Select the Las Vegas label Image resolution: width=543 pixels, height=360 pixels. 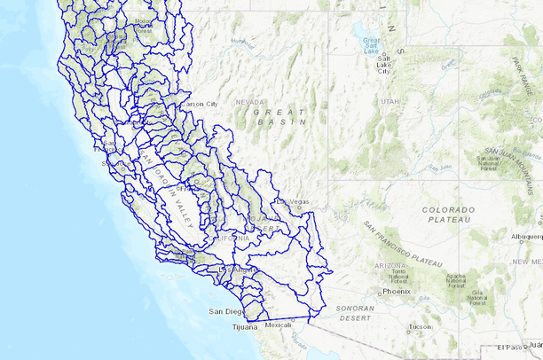point(294,201)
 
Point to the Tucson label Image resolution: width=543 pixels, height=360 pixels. point(420,326)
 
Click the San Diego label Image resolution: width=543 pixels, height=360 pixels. point(225,311)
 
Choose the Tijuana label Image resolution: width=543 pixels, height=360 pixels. point(244,327)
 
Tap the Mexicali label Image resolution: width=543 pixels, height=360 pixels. point(278,325)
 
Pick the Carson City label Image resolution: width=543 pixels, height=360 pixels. point(199,104)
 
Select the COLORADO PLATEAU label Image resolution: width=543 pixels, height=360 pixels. point(448,215)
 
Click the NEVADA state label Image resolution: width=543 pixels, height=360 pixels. point(249,102)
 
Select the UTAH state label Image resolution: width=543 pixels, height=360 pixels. point(390,101)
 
